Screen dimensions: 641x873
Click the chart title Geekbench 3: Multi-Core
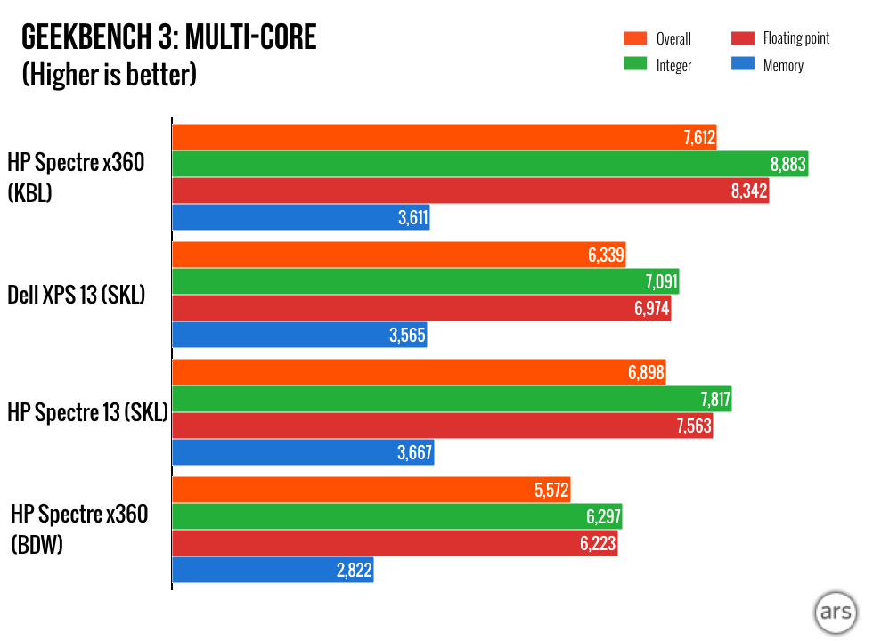[168, 37]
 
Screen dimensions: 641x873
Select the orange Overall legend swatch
[634, 38]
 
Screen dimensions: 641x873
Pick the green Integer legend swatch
[634, 64]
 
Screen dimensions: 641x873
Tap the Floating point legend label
[795, 37]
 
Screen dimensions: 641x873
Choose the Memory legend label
[783, 65]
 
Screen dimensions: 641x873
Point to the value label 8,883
[787, 164]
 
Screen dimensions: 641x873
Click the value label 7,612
[699, 137]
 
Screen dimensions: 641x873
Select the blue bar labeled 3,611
[301, 217]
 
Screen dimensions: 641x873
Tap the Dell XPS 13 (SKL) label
[76, 295]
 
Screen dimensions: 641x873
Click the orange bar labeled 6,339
[398, 255]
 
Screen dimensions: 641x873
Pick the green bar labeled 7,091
[425, 282]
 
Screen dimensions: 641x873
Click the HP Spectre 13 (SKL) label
[87, 412]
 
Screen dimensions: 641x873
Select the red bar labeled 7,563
[442, 426]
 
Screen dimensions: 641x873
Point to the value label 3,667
[414, 453]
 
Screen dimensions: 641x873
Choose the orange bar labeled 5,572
[371, 490]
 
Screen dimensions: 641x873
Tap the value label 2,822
[354, 571]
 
